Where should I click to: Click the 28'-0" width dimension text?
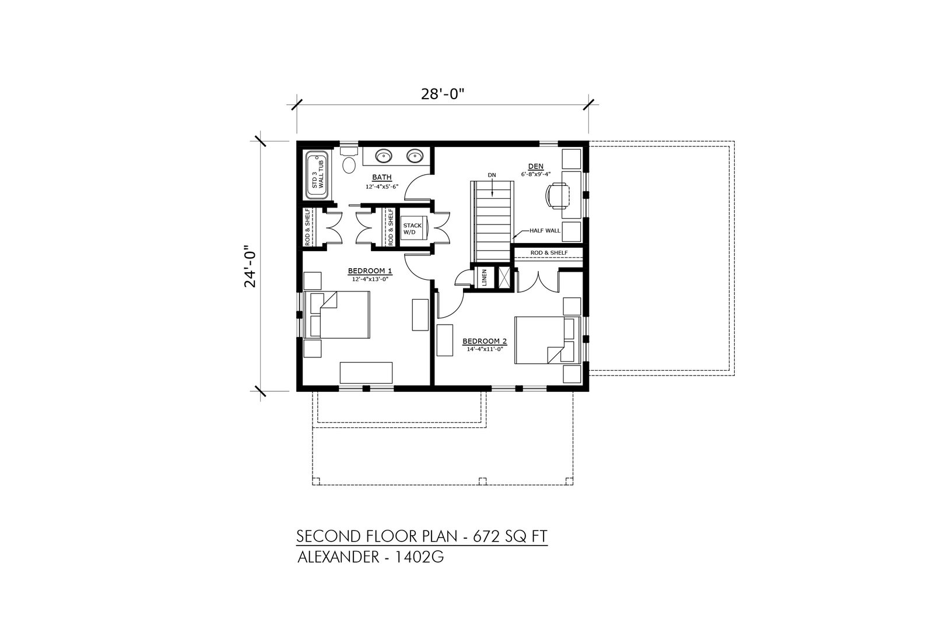pyautogui.click(x=443, y=94)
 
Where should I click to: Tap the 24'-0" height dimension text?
pyautogui.click(x=251, y=266)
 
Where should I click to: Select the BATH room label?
pyautogui.click(x=382, y=177)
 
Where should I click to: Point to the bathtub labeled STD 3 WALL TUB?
pyautogui.click(x=317, y=175)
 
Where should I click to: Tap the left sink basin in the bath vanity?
pyautogui.click(x=383, y=156)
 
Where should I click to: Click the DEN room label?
pyautogui.click(x=536, y=167)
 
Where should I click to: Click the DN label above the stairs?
pyautogui.click(x=492, y=175)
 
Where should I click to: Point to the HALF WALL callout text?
pyautogui.click(x=545, y=230)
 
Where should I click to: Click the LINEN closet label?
pyautogui.click(x=485, y=277)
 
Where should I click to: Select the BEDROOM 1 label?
pyautogui.click(x=370, y=272)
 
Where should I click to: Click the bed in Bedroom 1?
pyautogui.click(x=337, y=315)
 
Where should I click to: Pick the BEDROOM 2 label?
pyautogui.click(x=485, y=342)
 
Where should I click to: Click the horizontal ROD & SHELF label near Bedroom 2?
pyautogui.click(x=549, y=253)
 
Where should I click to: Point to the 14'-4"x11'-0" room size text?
pyautogui.click(x=485, y=350)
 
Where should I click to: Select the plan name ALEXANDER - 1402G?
pyautogui.click(x=370, y=557)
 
